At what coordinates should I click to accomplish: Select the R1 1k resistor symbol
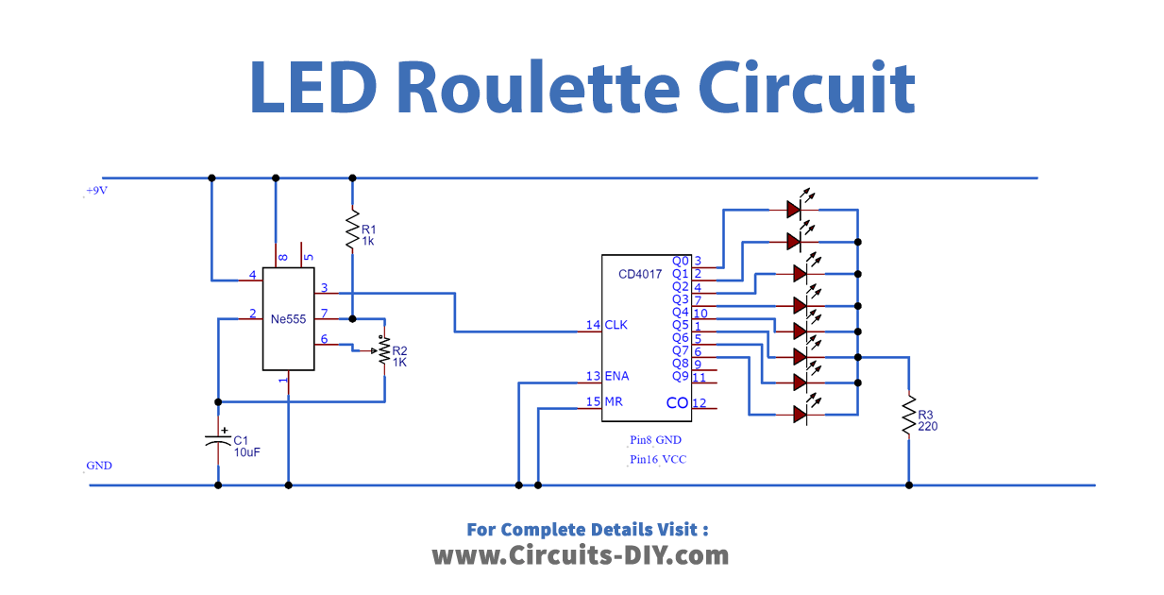pyautogui.click(x=352, y=229)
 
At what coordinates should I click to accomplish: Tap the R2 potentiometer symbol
pyautogui.click(x=384, y=350)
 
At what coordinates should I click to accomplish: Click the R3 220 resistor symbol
pyautogui.click(x=908, y=417)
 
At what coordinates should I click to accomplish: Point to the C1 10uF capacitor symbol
pyautogui.click(x=218, y=441)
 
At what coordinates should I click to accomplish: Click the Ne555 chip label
pyautogui.click(x=288, y=319)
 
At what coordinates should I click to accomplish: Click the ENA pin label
pyautogui.click(x=618, y=376)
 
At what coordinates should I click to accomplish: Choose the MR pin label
pyautogui.click(x=614, y=401)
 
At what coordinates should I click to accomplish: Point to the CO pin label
pyautogui.click(x=677, y=403)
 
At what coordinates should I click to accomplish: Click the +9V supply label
pyautogui.click(x=96, y=191)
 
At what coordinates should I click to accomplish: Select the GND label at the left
pyautogui.click(x=98, y=467)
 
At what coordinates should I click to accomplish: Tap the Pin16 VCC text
pyautogui.click(x=658, y=460)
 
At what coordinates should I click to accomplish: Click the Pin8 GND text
pyautogui.click(x=656, y=440)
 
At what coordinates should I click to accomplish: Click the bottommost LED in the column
pyautogui.click(x=800, y=414)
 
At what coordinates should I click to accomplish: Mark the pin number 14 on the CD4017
pyautogui.click(x=593, y=325)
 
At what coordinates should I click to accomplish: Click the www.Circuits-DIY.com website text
pyautogui.click(x=581, y=555)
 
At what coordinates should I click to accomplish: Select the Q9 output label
pyautogui.click(x=680, y=376)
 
